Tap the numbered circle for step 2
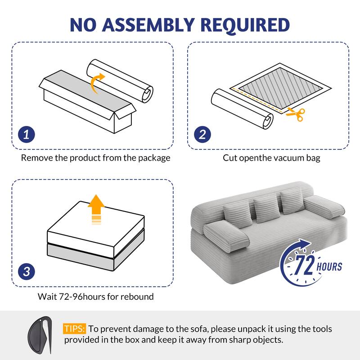(x=202, y=134)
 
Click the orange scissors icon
(x=296, y=113)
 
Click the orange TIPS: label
(x=74, y=329)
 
